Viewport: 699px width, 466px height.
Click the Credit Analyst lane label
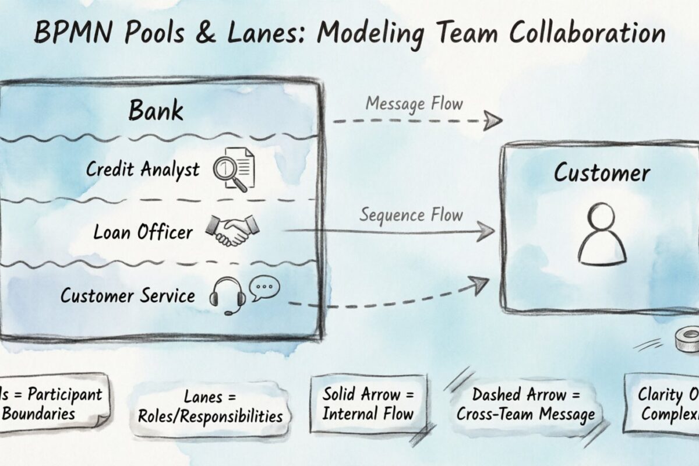(x=143, y=169)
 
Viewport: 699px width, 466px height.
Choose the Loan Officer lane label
(x=143, y=232)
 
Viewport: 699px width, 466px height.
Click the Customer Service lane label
(x=128, y=295)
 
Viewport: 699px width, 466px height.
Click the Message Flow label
(x=414, y=104)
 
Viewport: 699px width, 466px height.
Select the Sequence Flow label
(x=411, y=215)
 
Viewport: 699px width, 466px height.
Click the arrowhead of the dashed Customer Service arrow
(x=481, y=284)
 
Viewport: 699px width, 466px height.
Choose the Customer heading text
(x=602, y=173)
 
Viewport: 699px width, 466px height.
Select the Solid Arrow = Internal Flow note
(x=368, y=404)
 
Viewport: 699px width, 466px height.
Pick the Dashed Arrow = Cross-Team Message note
(x=525, y=404)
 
